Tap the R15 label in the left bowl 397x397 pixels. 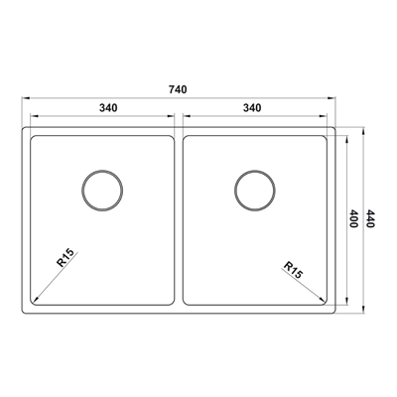(66, 261)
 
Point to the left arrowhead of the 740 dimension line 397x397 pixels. (24, 98)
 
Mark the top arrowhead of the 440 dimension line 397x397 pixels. (362, 128)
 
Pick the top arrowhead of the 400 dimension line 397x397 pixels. (344, 137)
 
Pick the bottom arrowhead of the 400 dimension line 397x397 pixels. (344, 303)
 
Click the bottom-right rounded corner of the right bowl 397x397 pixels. (326, 300)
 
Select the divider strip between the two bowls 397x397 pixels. (180, 218)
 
